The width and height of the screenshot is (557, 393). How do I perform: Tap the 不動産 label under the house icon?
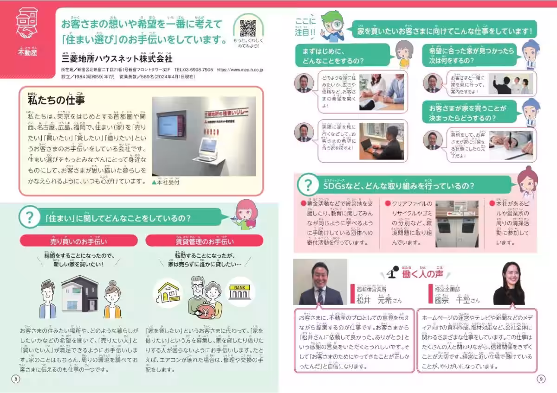(27, 51)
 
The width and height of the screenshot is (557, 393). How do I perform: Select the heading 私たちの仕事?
(56, 99)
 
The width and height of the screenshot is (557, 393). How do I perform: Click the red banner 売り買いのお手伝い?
(78, 241)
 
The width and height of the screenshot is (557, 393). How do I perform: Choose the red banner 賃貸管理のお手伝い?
(204, 241)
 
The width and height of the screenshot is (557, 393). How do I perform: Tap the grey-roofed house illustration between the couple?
(80, 295)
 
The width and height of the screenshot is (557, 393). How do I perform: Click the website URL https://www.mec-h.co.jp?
(240, 70)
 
